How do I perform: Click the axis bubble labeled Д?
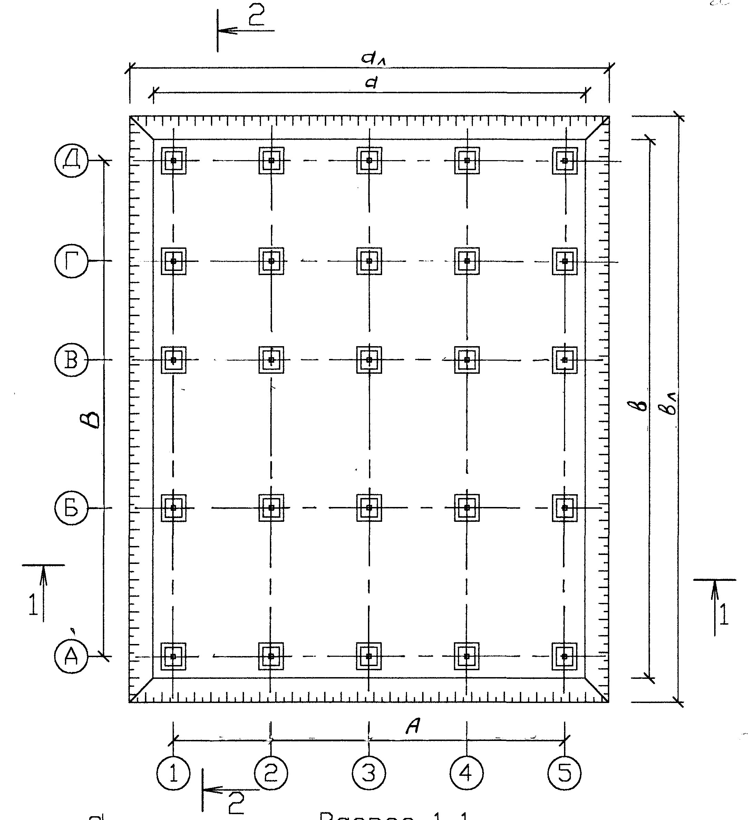pyautogui.click(x=71, y=160)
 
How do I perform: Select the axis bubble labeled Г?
pyautogui.click(x=71, y=261)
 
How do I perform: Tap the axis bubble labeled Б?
pyautogui.click(x=71, y=508)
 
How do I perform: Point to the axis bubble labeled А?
pyautogui.click(x=71, y=656)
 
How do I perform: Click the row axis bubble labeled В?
pyautogui.click(x=71, y=360)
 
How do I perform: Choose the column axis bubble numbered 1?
pyautogui.click(x=173, y=773)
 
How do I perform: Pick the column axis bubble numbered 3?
pyautogui.click(x=369, y=773)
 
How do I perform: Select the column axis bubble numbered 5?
pyautogui.click(x=565, y=773)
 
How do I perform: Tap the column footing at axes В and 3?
pyautogui.click(x=369, y=360)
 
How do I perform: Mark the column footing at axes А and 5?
pyautogui.click(x=565, y=656)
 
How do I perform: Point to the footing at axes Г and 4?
pyautogui.click(x=467, y=261)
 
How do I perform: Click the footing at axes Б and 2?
pyautogui.click(x=271, y=508)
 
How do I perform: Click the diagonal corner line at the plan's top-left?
pyautogui.click(x=142, y=128)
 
